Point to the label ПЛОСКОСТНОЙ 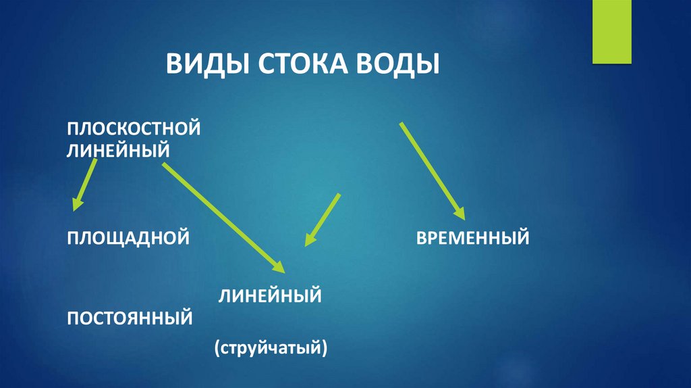(x=133, y=128)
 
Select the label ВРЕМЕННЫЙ (x=472, y=238)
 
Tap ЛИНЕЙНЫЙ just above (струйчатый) (x=269, y=295)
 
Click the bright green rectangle (x=611, y=32)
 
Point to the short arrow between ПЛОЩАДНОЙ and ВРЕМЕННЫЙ (x=322, y=219)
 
